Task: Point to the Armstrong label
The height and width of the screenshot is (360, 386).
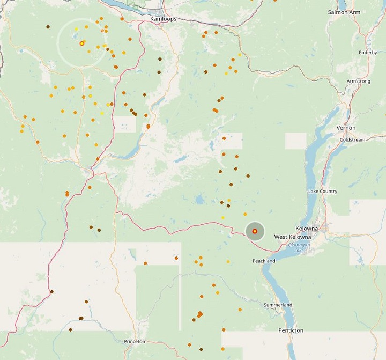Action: [359, 81]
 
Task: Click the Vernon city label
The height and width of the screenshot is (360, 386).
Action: [346, 128]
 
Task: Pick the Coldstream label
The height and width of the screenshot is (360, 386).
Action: [352, 140]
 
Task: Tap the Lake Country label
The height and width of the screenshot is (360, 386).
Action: [323, 191]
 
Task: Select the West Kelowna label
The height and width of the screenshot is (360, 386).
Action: [293, 237]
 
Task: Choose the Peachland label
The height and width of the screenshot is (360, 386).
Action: [264, 261]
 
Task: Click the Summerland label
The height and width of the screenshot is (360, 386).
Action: [278, 305]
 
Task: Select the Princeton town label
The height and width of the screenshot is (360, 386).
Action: [134, 341]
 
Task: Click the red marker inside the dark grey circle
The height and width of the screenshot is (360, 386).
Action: [255, 231]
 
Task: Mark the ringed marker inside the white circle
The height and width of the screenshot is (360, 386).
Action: [82, 43]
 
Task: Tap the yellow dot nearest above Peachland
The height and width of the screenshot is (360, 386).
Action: [228, 261]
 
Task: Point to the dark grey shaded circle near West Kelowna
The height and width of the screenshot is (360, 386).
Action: [255, 231]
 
